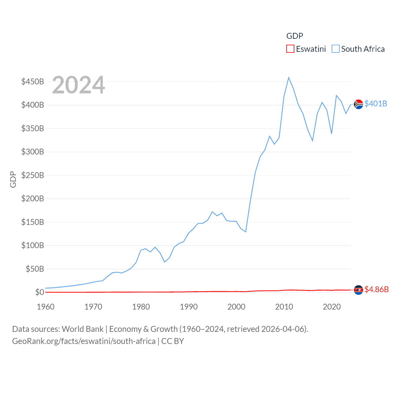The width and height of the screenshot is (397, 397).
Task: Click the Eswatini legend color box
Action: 290,49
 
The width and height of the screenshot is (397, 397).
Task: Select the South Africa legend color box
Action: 336,49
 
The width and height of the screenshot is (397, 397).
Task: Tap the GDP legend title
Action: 295,36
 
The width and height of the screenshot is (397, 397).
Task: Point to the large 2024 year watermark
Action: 78,85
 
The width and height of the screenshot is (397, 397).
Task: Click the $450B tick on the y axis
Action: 33,82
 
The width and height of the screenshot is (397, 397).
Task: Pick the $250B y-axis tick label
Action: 33,175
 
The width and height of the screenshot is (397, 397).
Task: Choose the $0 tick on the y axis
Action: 39,292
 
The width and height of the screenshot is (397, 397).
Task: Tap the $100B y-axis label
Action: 33,245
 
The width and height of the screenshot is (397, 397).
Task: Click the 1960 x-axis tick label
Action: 46,307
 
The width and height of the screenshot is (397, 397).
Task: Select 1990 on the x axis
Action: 189,307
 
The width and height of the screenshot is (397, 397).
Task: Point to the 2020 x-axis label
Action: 332,307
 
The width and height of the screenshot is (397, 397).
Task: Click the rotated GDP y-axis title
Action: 13,179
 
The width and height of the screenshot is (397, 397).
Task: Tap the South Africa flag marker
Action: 358,104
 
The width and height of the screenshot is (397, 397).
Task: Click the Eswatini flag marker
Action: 358,290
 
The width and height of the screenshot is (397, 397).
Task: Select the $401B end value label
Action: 376,104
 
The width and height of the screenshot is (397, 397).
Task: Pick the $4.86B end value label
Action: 377,289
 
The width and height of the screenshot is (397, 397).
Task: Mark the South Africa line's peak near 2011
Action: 288,78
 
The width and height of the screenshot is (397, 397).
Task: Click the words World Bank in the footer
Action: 83,329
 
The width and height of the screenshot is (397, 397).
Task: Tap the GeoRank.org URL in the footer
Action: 84,341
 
